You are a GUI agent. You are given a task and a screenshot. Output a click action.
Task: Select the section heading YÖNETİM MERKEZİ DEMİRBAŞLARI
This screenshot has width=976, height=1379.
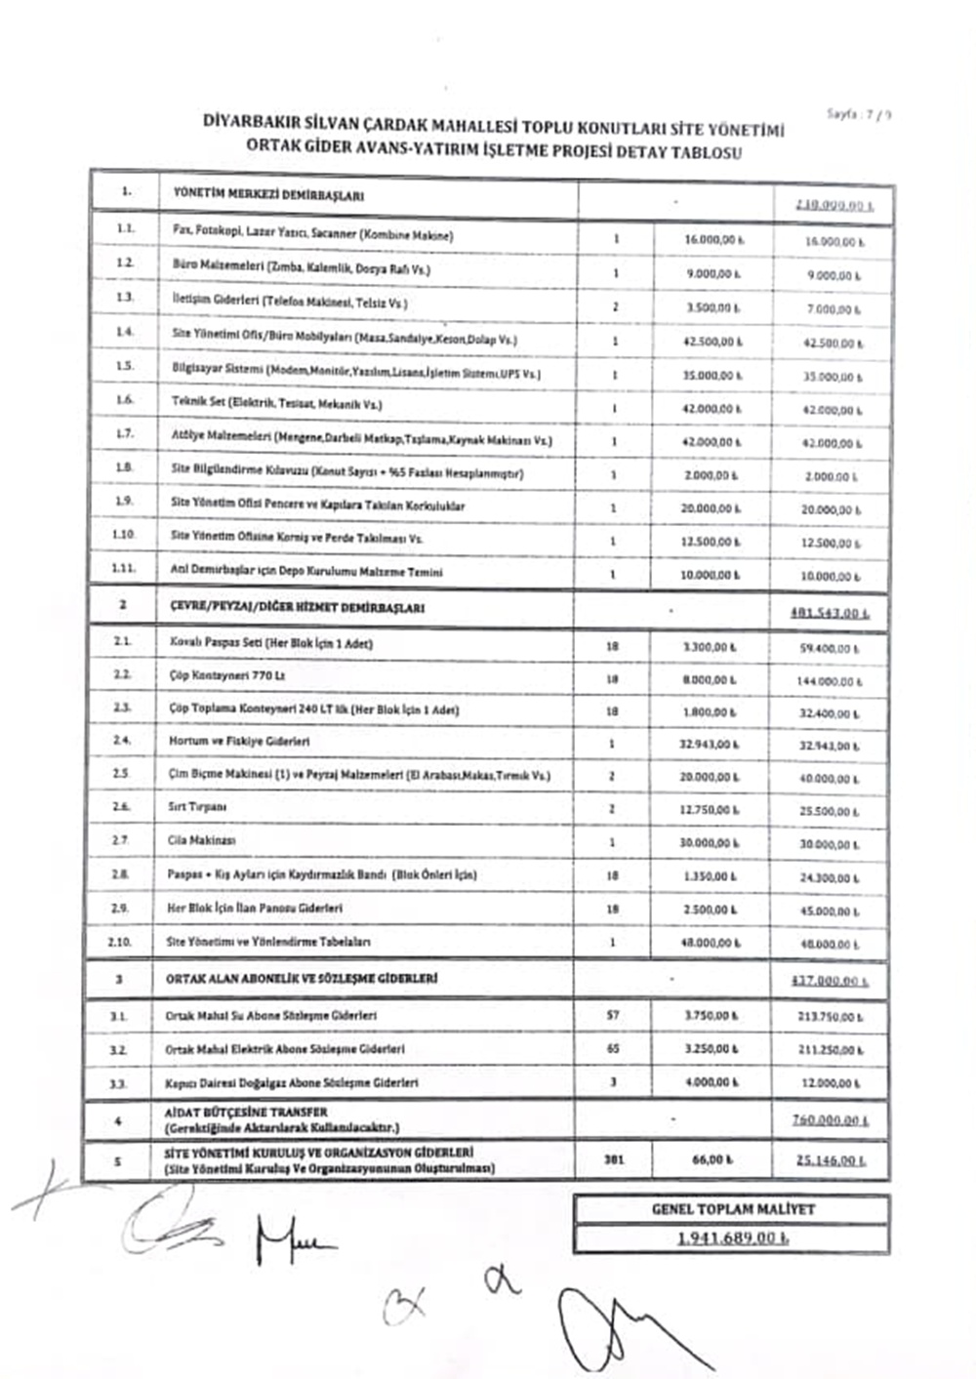coord(268,194)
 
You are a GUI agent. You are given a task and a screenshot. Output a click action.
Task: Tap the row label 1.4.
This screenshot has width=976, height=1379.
coord(125,332)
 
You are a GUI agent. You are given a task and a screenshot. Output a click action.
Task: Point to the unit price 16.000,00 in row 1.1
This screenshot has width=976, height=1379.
coord(712,239)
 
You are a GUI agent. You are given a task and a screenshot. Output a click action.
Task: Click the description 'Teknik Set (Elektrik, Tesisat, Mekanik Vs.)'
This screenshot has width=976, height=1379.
coord(277,403)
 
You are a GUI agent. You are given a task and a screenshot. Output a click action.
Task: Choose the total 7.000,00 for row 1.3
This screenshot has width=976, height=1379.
coord(833,309)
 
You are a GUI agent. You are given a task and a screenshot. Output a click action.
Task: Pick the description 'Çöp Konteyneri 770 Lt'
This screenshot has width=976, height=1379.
coord(226,675)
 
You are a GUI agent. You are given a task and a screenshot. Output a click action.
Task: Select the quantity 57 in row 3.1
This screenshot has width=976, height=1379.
coord(612,1015)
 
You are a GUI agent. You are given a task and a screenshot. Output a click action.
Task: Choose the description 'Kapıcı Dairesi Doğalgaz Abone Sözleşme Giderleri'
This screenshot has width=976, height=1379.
coord(292,1082)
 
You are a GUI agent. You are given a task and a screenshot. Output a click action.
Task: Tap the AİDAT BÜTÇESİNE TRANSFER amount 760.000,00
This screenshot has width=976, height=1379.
coord(830,1120)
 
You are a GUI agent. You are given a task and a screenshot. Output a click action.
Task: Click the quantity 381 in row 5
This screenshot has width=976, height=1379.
coord(613,1159)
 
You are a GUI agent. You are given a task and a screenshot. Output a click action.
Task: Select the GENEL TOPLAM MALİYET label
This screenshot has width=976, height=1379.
coord(732,1209)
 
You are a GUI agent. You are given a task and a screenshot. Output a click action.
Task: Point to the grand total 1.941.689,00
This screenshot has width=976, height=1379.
coord(732,1238)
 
